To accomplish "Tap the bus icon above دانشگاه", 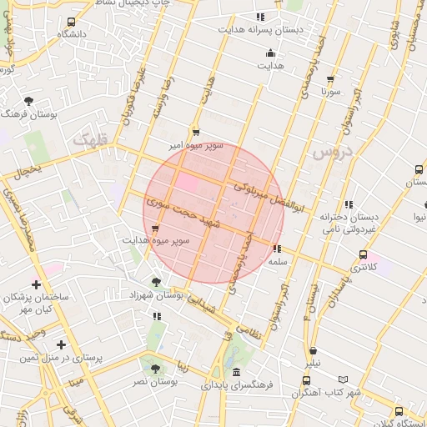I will tap(72, 22).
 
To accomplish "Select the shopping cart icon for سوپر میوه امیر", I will tap(196, 132).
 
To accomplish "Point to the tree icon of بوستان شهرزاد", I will tap(156, 282).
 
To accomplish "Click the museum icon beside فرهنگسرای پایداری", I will tap(238, 372).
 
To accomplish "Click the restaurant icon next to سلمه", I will tap(277, 249).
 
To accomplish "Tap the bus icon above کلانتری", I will tap(362, 254).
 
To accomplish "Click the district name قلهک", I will tap(91, 141).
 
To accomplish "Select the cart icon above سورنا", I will tap(331, 78).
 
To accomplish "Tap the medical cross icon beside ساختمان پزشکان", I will tap(35, 284).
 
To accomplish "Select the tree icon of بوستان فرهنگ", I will tap(29, 100).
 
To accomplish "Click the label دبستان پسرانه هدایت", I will tap(273, 29).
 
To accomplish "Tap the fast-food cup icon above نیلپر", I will tap(312, 351).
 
